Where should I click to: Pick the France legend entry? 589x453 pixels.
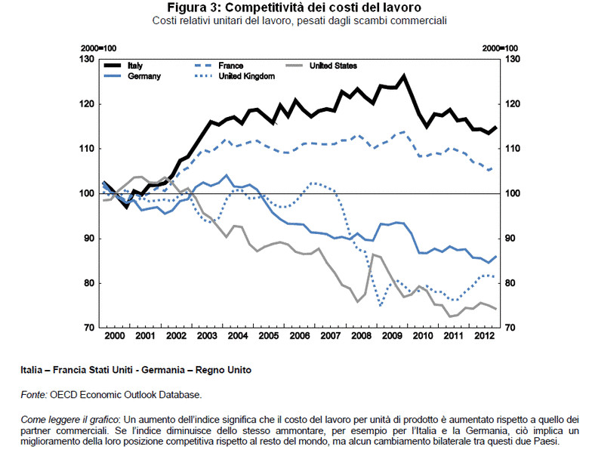coord(231,66)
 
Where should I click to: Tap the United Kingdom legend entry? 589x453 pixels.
coord(246,76)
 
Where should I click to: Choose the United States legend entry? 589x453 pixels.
coord(333,66)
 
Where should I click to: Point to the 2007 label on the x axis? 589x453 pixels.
coord(331,334)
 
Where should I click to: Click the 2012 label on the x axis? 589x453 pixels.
coord(486,334)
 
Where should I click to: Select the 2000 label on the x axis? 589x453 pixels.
coord(114,334)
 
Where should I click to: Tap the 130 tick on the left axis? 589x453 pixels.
coord(88,59)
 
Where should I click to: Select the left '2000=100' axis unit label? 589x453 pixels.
coord(95,48)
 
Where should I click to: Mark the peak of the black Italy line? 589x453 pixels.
coord(405,75)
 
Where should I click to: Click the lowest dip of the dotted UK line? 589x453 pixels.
coord(381,306)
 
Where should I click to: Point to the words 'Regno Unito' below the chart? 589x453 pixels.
coord(225,370)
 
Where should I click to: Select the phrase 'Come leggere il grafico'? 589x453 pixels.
coord(68,418)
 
